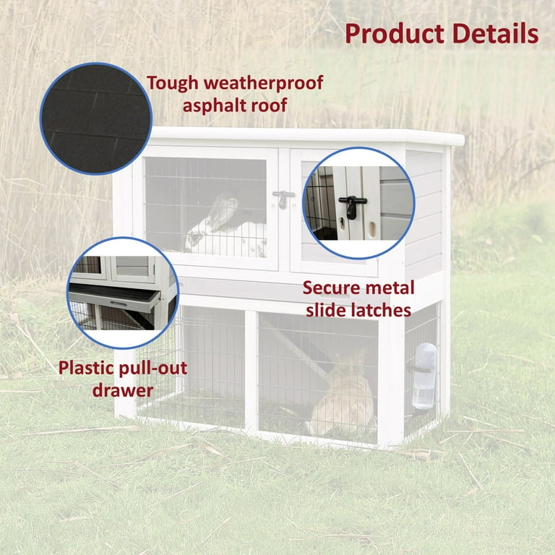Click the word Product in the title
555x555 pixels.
tap(395, 34)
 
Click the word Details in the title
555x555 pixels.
tap(496, 34)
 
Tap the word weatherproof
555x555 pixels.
tap(263, 84)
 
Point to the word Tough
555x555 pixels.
tap(173, 84)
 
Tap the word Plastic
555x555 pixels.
tap(86, 369)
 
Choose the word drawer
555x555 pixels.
tap(123, 390)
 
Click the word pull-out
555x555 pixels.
tap(152, 369)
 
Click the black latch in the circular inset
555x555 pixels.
tap(353, 207)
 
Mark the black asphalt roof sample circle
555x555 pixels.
tap(96, 119)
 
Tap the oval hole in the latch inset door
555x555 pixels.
tap(372, 229)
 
